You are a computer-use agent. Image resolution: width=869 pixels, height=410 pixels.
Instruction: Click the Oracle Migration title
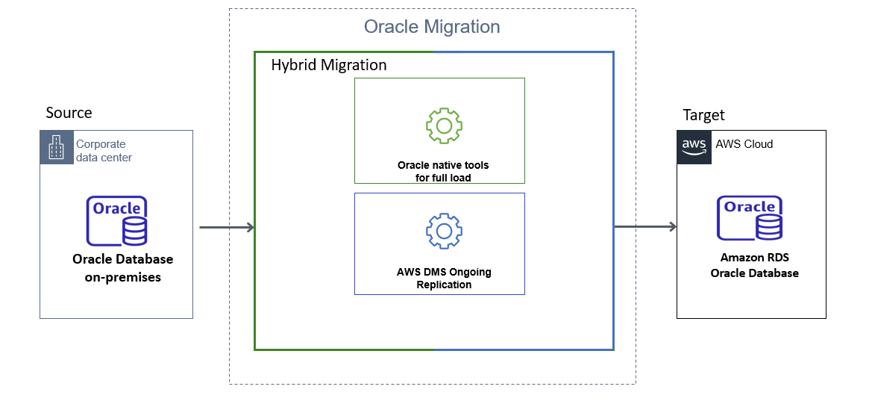(432, 27)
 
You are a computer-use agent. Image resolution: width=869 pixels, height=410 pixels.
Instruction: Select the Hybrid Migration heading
(329, 65)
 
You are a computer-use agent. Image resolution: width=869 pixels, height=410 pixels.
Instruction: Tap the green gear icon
(444, 125)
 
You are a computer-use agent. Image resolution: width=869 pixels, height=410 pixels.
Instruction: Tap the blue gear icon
(444, 232)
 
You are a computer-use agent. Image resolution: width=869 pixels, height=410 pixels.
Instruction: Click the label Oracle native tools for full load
(443, 171)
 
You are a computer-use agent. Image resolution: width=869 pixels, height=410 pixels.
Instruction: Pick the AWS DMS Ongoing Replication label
(444, 278)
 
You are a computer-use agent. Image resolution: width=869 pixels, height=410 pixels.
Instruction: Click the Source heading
(69, 113)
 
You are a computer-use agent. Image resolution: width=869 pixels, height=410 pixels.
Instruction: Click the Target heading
(703, 115)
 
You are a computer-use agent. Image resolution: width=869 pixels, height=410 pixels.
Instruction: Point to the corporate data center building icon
(57, 147)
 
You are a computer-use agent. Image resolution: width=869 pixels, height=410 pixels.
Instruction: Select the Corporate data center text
(104, 150)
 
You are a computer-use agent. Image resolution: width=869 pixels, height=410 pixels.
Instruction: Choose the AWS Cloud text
(744, 144)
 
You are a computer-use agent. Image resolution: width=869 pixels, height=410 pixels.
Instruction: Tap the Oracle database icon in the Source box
(117, 220)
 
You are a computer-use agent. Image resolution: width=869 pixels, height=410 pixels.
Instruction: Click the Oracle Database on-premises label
(122, 268)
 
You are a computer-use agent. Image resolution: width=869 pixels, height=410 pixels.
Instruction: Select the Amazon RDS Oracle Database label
(754, 265)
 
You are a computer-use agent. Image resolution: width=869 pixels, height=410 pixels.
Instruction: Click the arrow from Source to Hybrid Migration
(227, 227)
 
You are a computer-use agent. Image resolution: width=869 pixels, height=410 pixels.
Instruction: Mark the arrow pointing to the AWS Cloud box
(644, 227)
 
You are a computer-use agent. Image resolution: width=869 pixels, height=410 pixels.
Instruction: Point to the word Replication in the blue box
(444, 285)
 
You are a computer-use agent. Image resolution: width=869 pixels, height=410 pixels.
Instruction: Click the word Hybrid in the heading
(293, 65)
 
